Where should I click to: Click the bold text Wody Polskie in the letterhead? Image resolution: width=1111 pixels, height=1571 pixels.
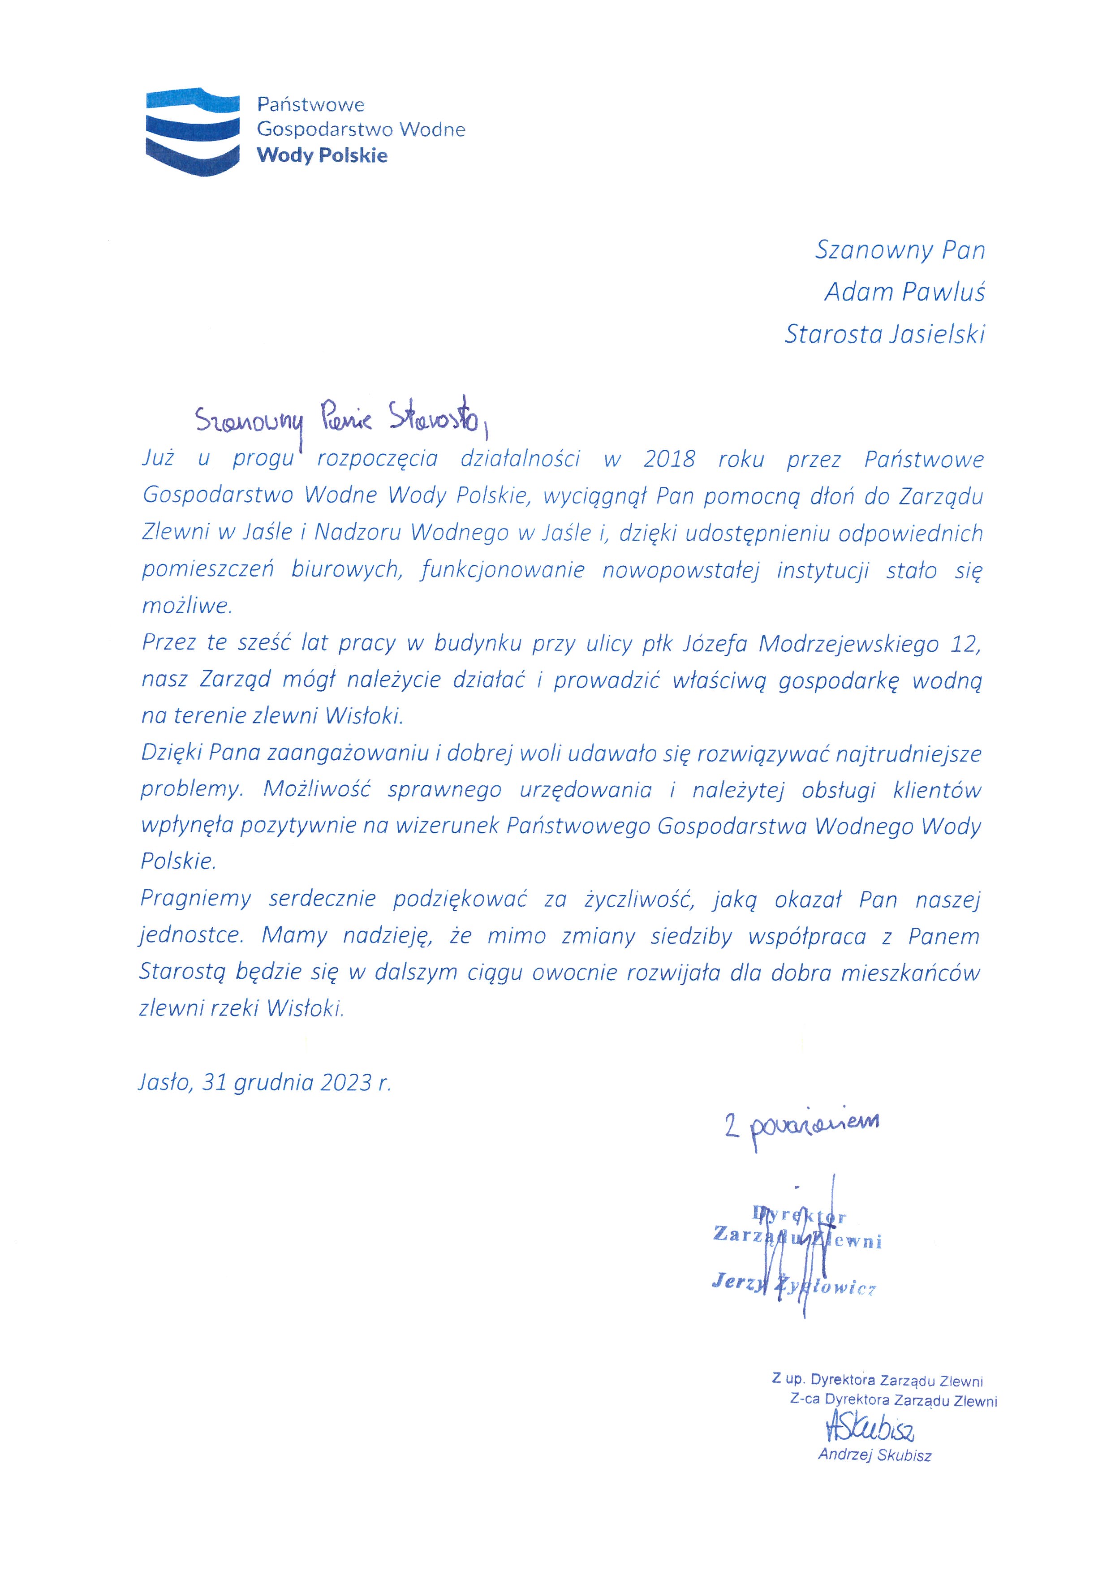tap(322, 155)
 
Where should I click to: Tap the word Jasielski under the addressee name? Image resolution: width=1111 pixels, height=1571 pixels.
tap(937, 335)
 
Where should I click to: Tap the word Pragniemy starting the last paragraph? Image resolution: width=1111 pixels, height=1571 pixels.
tap(196, 899)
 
